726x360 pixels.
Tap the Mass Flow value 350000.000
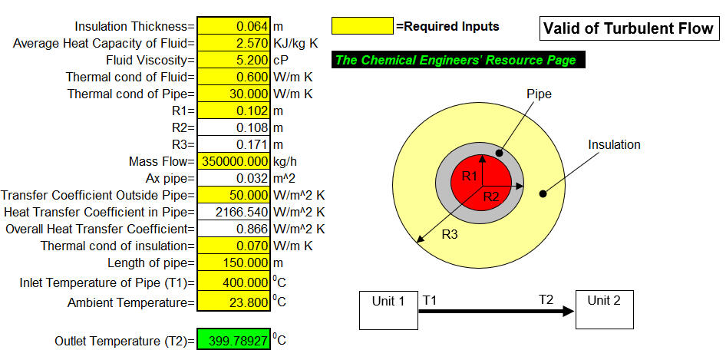click(234, 162)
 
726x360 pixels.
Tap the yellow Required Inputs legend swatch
click(363, 26)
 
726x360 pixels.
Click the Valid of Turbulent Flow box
click(629, 28)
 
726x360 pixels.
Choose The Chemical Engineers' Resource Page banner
click(458, 60)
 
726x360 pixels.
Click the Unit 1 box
click(388, 310)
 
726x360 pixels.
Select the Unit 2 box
click(604, 310)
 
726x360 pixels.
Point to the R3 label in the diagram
click(450, 234)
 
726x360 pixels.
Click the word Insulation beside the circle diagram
click(614, 144)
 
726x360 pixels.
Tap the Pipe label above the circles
click(540, 94)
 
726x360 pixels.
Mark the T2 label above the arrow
click(546, 300)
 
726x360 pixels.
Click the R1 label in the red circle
click(469, 176)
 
